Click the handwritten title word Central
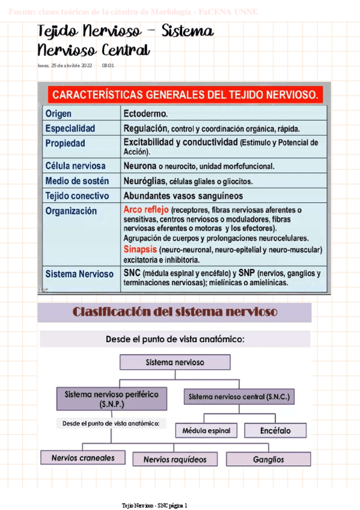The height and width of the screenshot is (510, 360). [x=120, y=49]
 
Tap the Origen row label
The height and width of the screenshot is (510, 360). [x=58, y=113]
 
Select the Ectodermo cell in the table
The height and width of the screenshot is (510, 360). [x=145, y=113]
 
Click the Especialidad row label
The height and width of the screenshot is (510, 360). [x=70, y=129]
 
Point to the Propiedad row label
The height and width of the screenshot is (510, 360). [x=66, y=144]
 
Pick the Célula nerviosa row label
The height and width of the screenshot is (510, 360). [x=75, y=165]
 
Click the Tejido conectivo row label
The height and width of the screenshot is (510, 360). [x=77, y=195]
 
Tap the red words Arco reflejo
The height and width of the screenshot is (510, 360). [x=146, y=210]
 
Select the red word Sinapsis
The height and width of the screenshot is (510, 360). [x=141, y=249]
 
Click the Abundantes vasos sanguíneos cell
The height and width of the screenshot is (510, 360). [x=183, y=195]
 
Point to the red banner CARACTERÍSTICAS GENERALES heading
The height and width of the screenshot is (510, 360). [x=185, y=95]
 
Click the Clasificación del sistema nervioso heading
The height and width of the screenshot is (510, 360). [x=175, y=312]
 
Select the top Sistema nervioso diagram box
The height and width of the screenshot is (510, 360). [x=175, y=362]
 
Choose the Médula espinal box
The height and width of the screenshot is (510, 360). [x=206, y=431]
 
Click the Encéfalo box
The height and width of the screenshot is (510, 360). [x=275, y=430]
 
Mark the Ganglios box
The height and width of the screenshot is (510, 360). [x=269, y=459]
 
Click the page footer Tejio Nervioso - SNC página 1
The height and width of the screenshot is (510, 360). [x=154, y=505]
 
